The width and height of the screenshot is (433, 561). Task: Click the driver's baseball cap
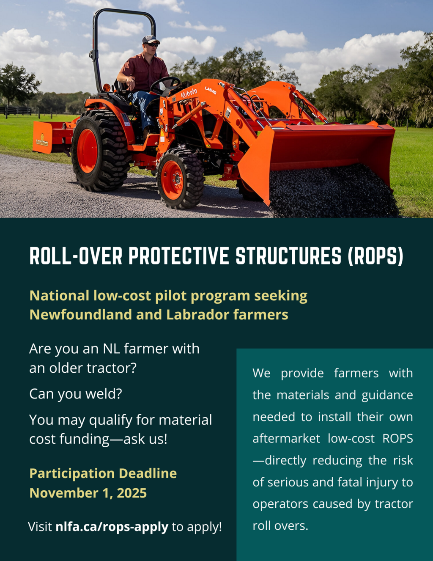(x=151, y=39)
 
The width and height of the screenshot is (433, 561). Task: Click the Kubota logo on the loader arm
(x=189, y=94)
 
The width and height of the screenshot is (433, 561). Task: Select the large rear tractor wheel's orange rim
(x=87, y=151)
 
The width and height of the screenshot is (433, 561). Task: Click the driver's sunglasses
(x=152, y=45)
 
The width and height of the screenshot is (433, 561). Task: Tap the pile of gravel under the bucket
(x=333, y=192)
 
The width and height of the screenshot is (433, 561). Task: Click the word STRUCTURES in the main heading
(x=288, y=256)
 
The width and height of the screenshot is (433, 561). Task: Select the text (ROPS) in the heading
(x=375, y=256)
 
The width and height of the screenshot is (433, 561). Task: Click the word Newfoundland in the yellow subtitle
(x=81, y=314)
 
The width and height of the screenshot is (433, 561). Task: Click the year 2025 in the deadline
(x=132, y=493)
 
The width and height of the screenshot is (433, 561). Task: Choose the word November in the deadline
(x=64, y=493)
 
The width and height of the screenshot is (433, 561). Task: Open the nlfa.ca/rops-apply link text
(x=112, y=527)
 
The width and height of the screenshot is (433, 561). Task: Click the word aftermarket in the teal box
(x=286, y=438)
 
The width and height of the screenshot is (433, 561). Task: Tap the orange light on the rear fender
(x=106, y=87)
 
